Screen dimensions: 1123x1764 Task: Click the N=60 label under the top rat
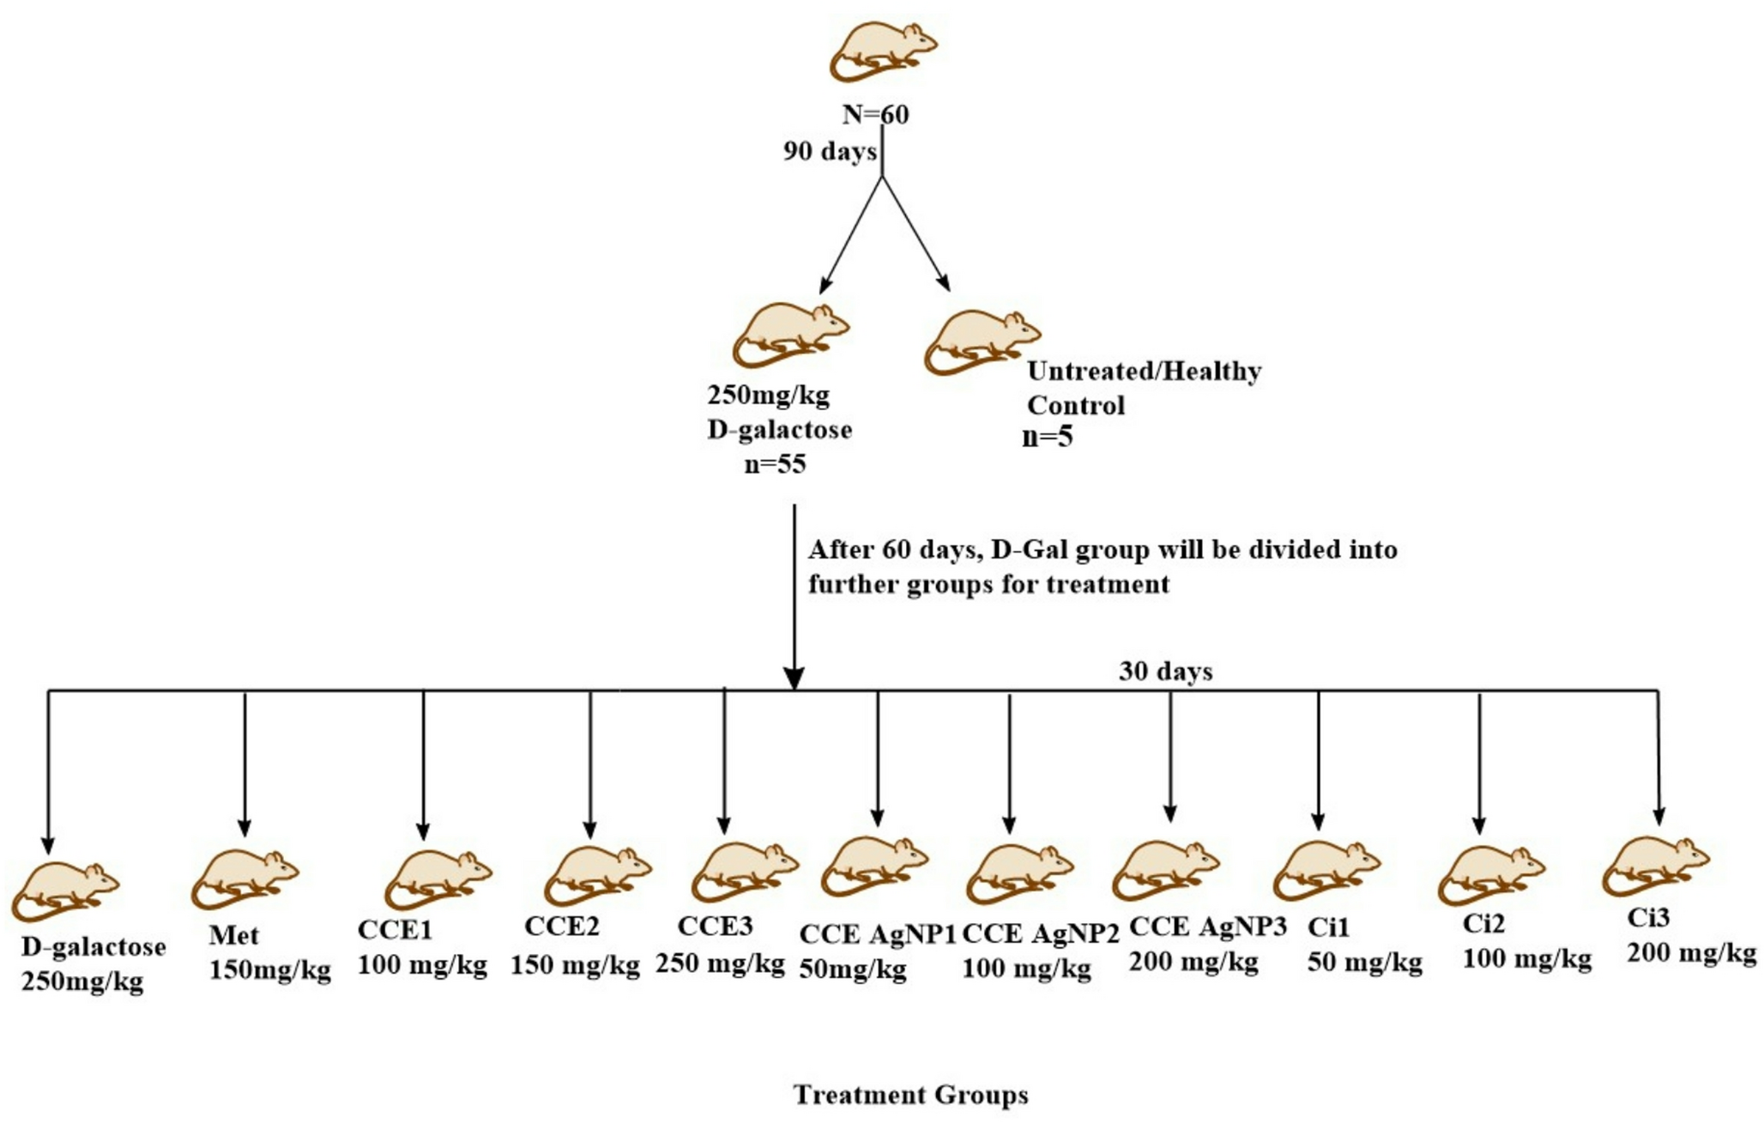click(875, 114)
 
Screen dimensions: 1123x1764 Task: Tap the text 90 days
click(829, 152)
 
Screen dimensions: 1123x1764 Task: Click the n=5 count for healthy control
click(1048, 437)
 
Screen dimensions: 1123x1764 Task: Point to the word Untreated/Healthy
click(1144, 371)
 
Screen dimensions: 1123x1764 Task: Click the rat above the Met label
click(244, 878)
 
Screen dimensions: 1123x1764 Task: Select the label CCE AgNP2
click(1040, 934)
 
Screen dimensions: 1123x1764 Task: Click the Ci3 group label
click(1648, 918)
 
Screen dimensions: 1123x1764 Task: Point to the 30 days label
click(1165, 671)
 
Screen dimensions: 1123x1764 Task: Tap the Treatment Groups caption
click(910, 1095)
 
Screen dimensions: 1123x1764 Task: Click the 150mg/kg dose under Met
click(270, 970)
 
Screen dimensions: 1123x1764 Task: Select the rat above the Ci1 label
click(1326, 870)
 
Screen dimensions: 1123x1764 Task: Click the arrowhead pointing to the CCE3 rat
click(724, 825)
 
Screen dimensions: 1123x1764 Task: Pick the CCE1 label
click(395, 930)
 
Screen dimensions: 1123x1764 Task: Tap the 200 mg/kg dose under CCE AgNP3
click(1193, 962)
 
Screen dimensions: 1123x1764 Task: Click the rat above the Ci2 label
click(1490, 874)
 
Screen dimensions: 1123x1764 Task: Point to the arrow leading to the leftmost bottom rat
click(48, 772)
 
